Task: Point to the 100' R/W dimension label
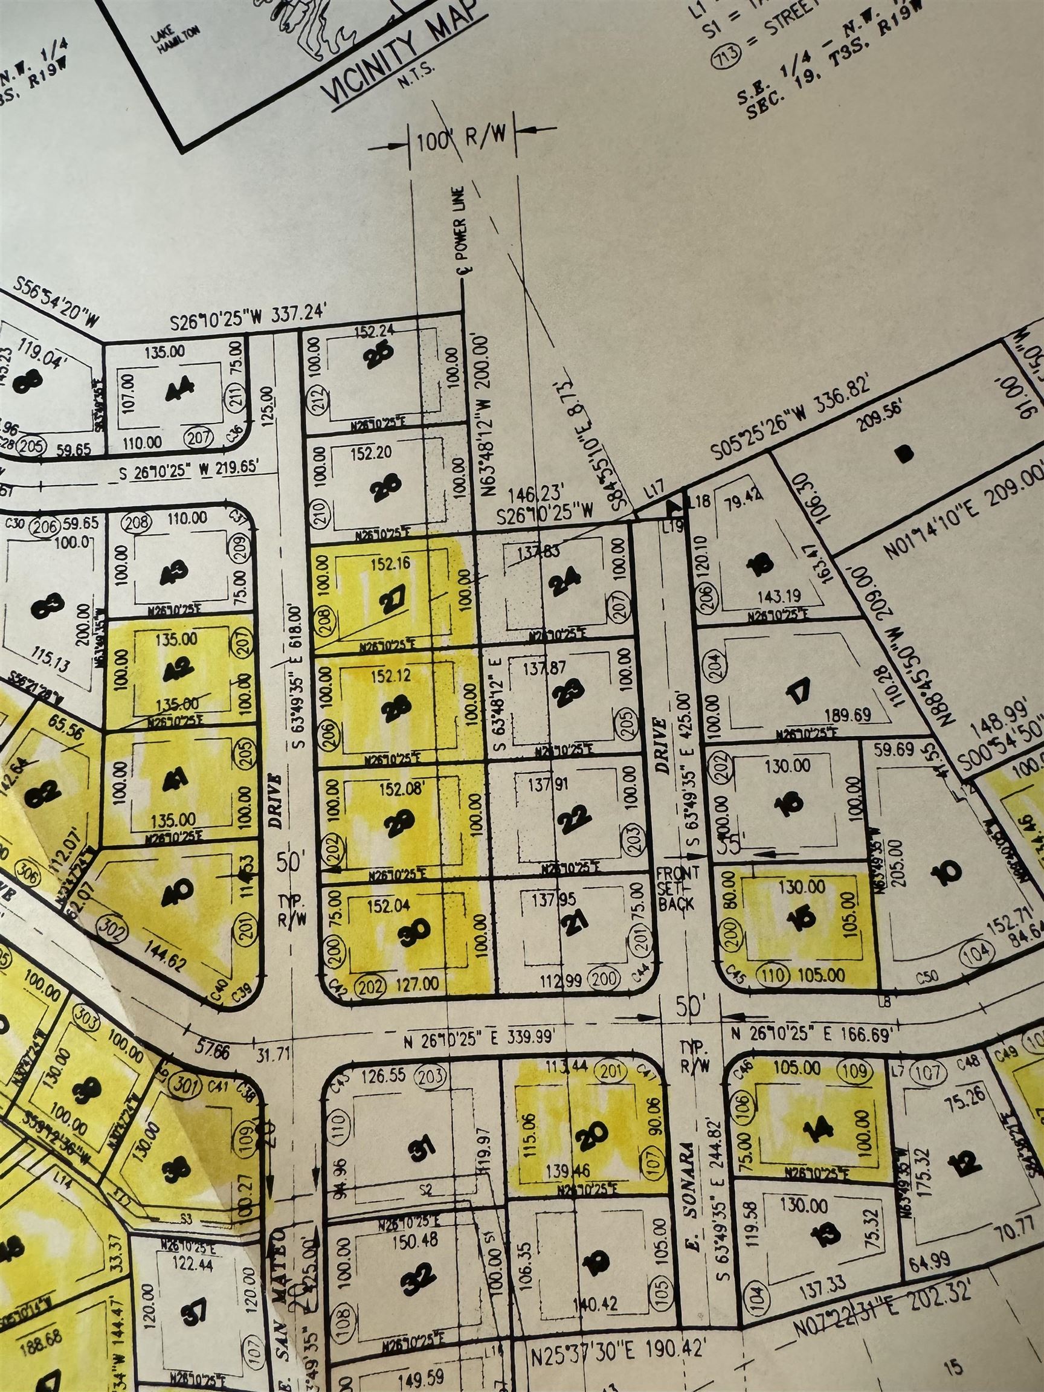point(463,141)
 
